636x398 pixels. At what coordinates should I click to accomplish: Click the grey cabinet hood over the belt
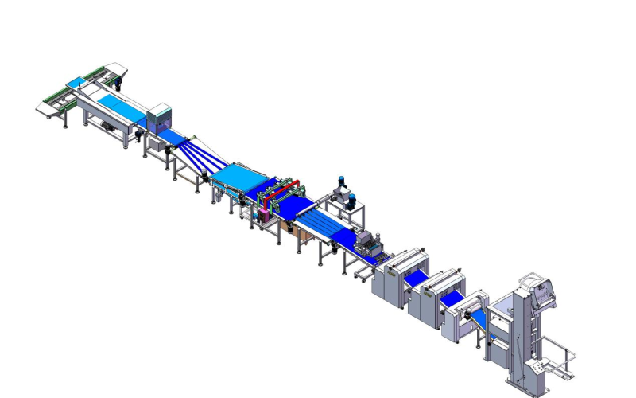tap(161, 116)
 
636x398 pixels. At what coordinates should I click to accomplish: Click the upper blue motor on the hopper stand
tap(341, 181)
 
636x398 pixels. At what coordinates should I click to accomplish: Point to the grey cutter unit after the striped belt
tap(367, 243)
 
